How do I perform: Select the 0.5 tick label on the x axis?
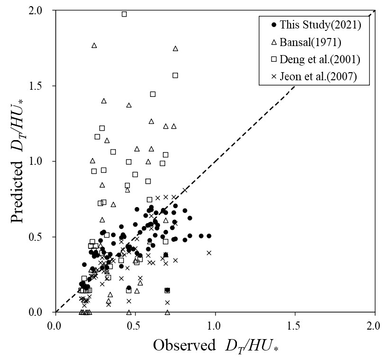coord(135,326)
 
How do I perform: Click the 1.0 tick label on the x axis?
coord(215,326)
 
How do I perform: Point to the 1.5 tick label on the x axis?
coord(295,326)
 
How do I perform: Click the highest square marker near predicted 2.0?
coord(124,14)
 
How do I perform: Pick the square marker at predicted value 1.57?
coord(175,75)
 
